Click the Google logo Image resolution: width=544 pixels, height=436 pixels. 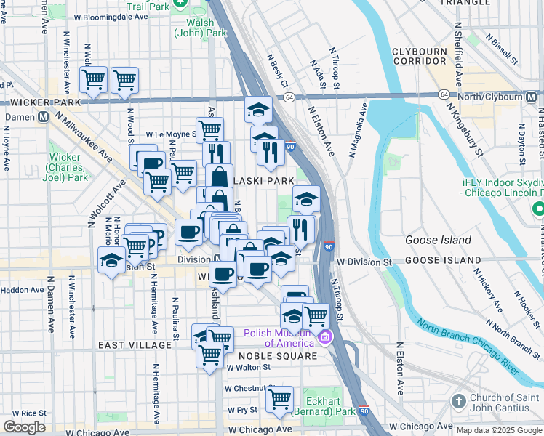point(24,427)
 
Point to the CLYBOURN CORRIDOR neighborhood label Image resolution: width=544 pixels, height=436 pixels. point(423,56)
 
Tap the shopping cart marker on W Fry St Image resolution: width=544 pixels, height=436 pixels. point(279,399)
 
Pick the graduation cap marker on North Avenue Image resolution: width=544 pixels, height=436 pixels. point(258,110)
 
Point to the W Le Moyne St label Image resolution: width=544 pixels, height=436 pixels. point(171,134)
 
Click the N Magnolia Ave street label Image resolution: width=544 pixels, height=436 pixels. point(359,129)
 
